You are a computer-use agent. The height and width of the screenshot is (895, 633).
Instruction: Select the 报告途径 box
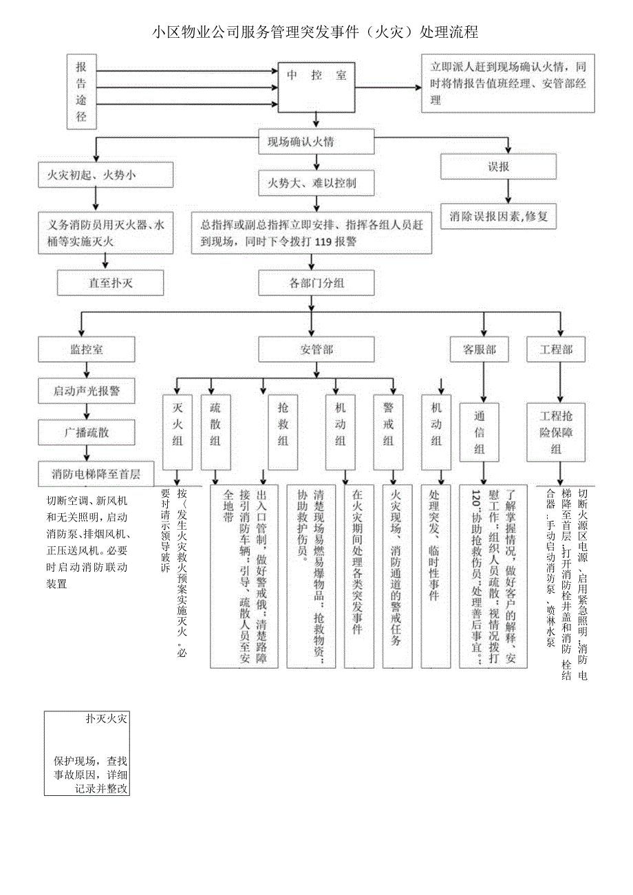(81, 91)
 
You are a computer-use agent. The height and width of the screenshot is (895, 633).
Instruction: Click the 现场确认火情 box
(316, 142)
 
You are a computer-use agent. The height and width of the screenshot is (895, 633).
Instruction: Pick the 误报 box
(498, 166)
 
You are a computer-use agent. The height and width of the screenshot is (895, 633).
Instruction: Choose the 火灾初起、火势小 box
(105, 175)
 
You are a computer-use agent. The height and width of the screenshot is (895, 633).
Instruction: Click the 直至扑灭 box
(110, 282)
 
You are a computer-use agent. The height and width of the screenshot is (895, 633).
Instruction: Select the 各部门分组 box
(316, 283)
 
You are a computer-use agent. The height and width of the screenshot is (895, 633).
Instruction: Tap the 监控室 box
(87, 349)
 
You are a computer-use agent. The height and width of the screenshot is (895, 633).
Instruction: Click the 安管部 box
(316, 349)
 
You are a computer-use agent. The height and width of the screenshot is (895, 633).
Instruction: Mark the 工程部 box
(556, 349)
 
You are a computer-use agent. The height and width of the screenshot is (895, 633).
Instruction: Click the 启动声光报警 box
(87, 391)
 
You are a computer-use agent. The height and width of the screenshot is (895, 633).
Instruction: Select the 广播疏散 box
(87, 432)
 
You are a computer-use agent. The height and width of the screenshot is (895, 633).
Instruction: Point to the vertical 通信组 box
(480, 432)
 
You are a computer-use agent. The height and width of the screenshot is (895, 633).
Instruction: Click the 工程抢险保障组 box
(556, 432)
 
